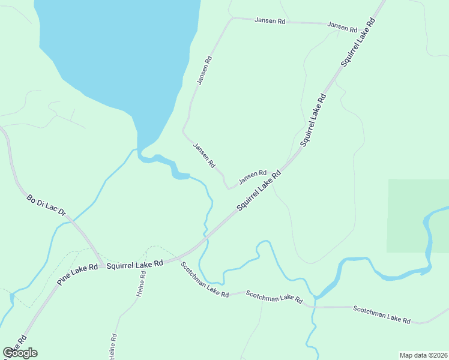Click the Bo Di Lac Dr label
click(x=46, y=205)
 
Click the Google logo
click(x=20, y=353)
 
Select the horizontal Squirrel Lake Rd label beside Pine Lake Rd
click(x=135, y=263)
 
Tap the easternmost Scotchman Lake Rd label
click(x=382, y=314)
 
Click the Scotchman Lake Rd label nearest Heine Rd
click(x=205, y=283)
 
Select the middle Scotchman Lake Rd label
click(x=274, y=296)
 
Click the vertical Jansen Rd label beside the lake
click(x=204, y=70)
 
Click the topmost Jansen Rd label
click(x=270, y=20)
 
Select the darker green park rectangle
click(x=418, y=215)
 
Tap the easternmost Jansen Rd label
click(x=342, y=28)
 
